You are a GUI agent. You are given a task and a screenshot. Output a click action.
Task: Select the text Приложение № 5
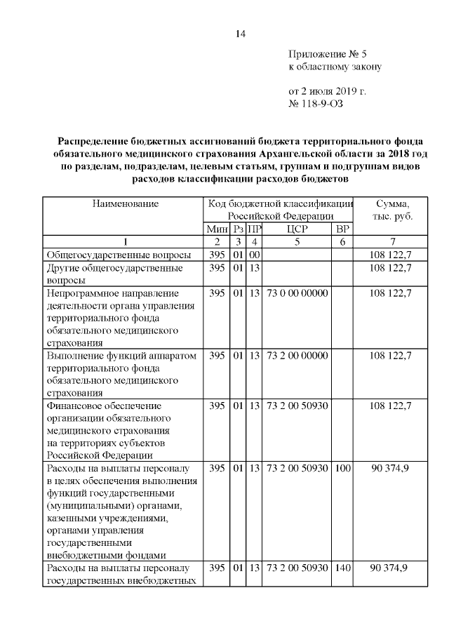point(328,54)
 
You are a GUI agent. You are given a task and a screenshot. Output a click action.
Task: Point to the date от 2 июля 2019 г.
point(328,91)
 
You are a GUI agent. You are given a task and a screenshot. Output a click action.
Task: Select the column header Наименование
point(124,203)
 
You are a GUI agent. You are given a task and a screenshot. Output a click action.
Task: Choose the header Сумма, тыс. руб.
point(393,210)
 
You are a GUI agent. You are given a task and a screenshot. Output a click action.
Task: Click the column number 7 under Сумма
point(393,242)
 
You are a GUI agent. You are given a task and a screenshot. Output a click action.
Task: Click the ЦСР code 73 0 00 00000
point(297,293)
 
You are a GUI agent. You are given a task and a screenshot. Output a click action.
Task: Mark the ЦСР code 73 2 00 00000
point(297,356)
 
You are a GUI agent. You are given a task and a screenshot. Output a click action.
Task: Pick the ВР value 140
point(342,567)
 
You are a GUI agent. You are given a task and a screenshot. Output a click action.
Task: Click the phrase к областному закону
point(335,67)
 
